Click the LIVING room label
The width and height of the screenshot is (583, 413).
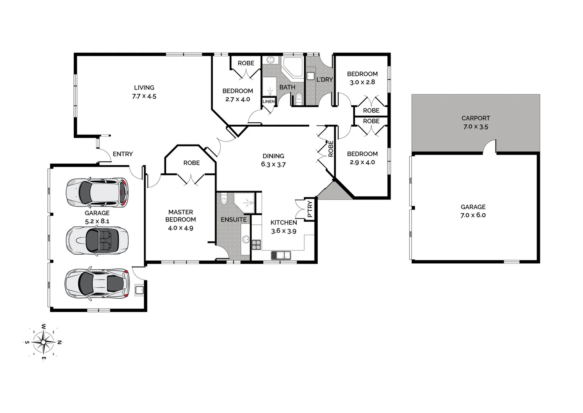(144, 88)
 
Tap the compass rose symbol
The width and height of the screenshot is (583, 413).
(43, 341)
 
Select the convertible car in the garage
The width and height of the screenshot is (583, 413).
(97, 241)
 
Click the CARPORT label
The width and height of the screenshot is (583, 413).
(475, 118)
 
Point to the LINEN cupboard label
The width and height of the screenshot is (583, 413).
(268, 101)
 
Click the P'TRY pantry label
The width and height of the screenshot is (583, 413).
(310, 209)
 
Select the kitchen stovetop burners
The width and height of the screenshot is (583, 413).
(256, 245)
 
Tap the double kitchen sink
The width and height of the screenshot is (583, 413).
(281, 255)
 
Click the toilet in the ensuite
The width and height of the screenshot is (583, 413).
(224, 200)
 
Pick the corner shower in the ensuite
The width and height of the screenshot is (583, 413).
(244, 203)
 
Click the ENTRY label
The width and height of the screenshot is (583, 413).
(123, 154)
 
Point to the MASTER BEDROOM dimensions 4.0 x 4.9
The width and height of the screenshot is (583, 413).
(181, 228)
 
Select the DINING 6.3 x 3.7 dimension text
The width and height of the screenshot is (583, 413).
(273, 164)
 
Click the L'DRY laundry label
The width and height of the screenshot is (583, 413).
(325, 80)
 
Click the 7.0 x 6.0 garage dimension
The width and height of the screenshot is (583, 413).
(473, 215)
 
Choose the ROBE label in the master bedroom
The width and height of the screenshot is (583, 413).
(191, 163)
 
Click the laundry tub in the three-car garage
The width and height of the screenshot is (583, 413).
(139, 289)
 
